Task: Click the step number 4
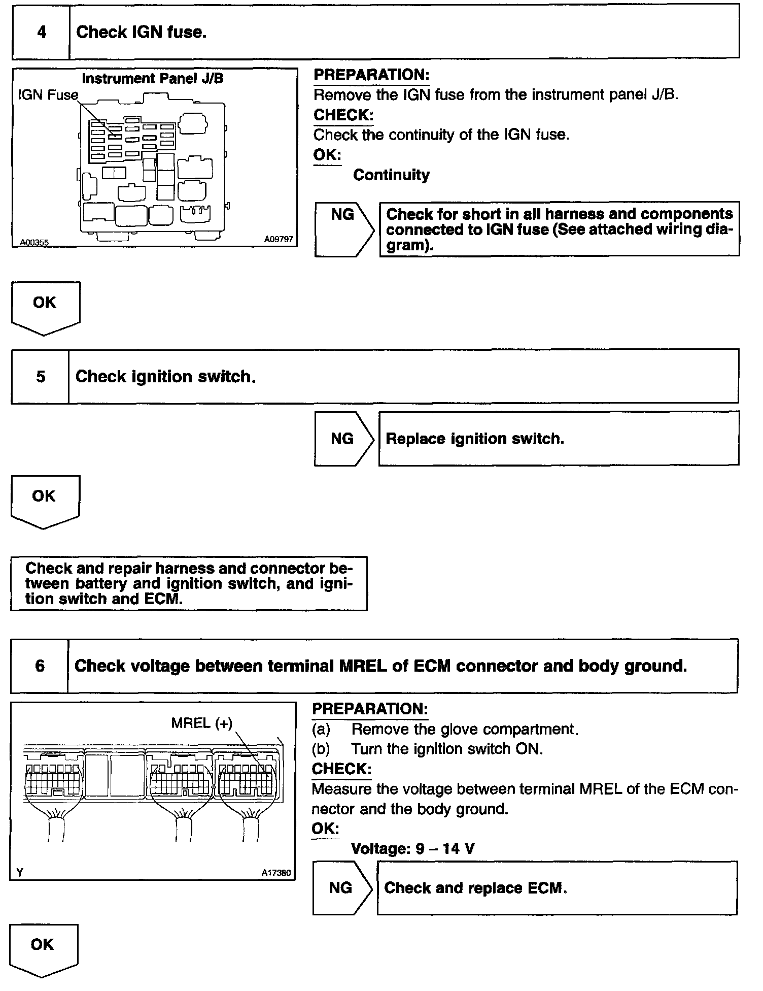(41, 32)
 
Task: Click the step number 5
(41, 377)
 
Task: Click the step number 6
(40, 666)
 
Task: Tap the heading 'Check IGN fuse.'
(141, 32)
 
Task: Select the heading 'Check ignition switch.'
(165, 377)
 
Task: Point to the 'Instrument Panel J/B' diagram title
(152, 79)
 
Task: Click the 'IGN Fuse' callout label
(48, 95)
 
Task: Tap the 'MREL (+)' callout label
(201, 723)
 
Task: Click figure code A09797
(279, 239)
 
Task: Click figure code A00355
(34, 243)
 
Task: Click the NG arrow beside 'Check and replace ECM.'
(341, 887)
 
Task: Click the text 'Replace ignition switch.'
(475, 439)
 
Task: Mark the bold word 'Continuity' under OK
(391, 175)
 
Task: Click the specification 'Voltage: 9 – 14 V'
(412, 848)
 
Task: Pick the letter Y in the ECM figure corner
(20, 873)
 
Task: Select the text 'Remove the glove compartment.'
(465, 730)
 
